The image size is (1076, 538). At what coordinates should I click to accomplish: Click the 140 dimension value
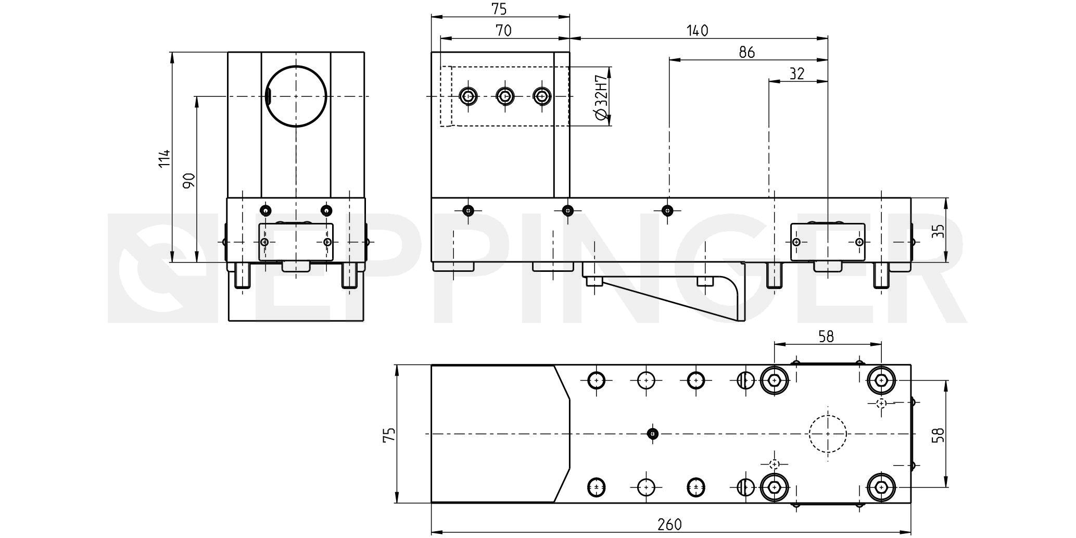698,31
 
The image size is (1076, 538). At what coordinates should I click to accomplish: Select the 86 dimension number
746,53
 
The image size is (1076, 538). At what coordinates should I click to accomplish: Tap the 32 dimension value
797,74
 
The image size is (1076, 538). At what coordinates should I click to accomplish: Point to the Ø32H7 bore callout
601,97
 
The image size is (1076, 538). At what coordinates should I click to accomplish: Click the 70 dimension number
503,31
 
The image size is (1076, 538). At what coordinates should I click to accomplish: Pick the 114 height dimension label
164,158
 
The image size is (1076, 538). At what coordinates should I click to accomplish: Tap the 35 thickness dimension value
938,231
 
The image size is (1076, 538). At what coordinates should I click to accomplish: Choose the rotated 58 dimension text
938,435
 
